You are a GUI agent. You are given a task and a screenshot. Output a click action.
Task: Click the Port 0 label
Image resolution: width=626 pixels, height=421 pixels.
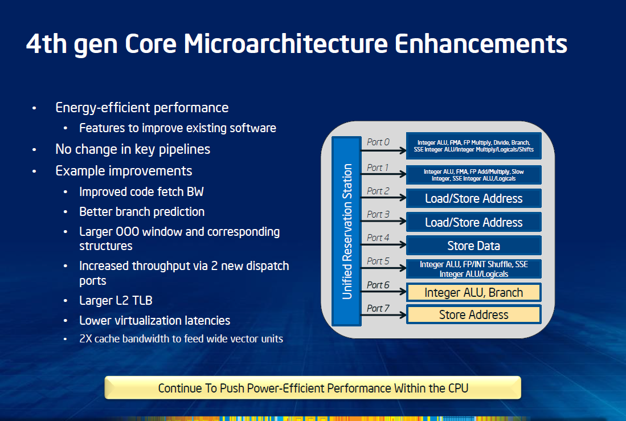[x=378, y=142]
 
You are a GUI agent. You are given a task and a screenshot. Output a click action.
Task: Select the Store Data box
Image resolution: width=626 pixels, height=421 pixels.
[x=473, y=245]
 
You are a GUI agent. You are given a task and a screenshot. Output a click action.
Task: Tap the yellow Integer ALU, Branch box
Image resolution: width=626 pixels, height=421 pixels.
[x=473, y=292]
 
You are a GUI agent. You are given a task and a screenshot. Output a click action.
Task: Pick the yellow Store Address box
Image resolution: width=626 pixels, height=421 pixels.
[x=473, y=314]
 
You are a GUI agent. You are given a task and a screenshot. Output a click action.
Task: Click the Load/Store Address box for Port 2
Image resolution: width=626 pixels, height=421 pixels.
[x=473, y=198]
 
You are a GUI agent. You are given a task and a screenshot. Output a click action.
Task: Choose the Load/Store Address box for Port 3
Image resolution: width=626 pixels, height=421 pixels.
[x=473, y=222]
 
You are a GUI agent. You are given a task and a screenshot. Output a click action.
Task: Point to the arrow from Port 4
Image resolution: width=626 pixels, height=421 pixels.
[x=384, y=244]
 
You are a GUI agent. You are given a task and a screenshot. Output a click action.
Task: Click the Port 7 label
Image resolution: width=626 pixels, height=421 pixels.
[x=378, y=308]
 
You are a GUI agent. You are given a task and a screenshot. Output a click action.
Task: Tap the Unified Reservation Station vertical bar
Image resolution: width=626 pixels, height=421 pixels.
[x=346, y=231]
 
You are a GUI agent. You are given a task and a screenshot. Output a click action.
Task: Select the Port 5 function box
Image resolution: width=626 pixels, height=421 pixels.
[x=473, y=269]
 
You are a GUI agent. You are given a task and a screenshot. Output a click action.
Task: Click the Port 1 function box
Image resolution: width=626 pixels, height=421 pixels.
[x=473, y=174]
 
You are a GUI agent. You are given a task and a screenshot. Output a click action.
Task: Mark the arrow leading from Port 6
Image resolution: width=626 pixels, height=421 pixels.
[x=384, y=292]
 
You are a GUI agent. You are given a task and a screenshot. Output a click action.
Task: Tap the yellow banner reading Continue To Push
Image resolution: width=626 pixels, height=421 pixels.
[x=313, y=387]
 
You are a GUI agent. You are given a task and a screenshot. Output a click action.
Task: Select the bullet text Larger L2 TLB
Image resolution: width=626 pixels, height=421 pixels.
[x=116, y=300]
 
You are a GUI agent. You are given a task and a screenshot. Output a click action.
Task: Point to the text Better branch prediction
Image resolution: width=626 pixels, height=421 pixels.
[x=142, y=212]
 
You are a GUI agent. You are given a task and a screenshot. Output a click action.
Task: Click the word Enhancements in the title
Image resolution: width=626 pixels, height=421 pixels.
[x=481, y=43]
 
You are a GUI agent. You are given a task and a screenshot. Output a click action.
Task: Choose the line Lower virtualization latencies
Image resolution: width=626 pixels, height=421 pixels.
[x=154, y=320]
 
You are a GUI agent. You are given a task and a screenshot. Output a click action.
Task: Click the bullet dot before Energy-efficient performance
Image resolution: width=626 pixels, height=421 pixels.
[x=34, y=108]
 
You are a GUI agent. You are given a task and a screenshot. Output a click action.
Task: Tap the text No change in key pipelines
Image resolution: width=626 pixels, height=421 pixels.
[x=133, y=149]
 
